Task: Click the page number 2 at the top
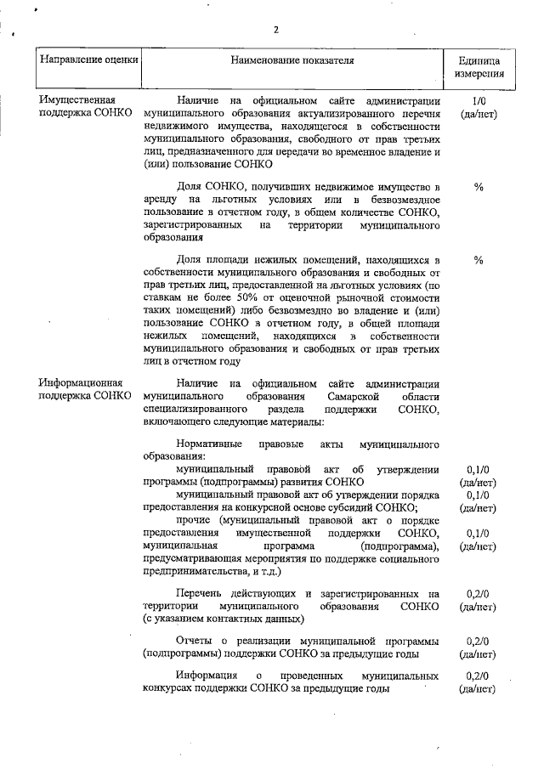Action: [x=276, y=31]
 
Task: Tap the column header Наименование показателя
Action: [x=292, y=61]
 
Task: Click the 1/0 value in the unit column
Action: [x=478, y=101]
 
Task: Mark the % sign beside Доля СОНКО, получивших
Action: [x=478, y=187]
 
